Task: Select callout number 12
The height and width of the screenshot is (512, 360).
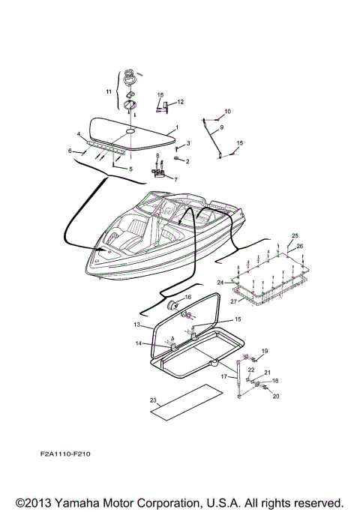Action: pyautogui.click(x=180, y=102)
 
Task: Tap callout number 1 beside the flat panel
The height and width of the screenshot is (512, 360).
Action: pyautogui.click(x=177, y=127)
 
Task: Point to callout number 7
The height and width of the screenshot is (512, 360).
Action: pyautogui.click(x=175, y=180)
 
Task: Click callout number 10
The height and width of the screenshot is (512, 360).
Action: pyautogui.click(x=228, y=112)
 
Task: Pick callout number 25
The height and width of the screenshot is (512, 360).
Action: pyautogui.click(x=295, y=235)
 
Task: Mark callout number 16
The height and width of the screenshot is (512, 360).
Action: pyautogui.click(x=188, y=298)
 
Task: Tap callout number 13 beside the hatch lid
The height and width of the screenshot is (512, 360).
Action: pyautogui.click(x=137, y=325)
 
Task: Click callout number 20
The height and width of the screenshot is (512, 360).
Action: pyautogui.click(x=274, y=396)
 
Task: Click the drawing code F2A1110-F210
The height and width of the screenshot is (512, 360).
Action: pyautogui.click(x=67, y=454)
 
